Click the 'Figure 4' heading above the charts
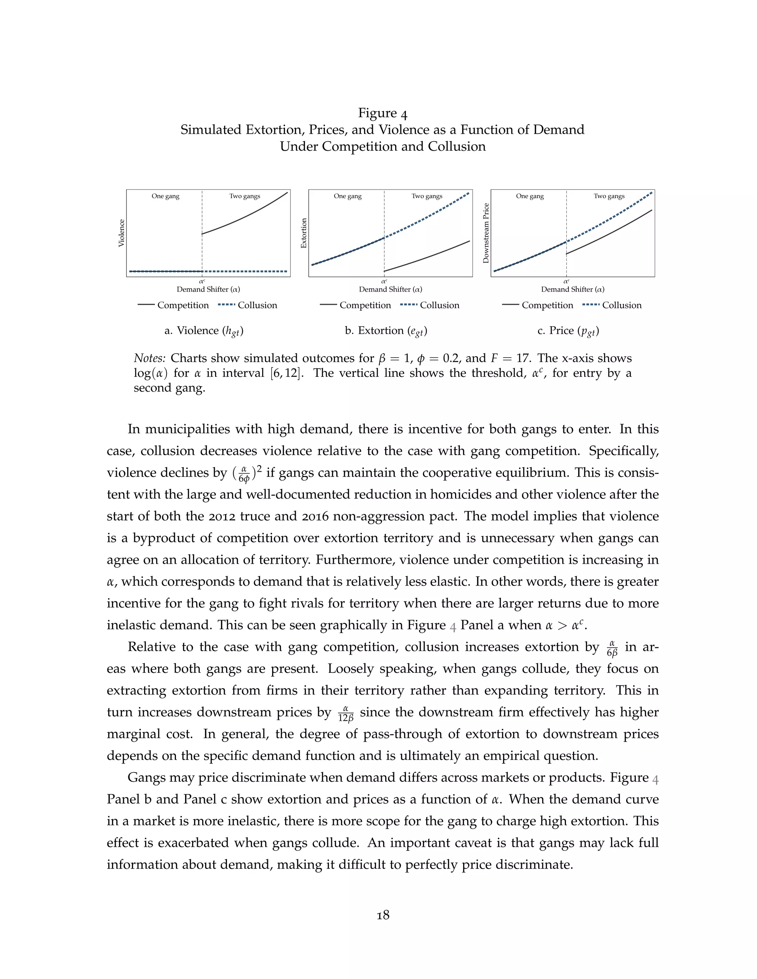[383, 113]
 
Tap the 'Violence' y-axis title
[121, 233]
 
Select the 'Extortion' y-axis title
[303, 233]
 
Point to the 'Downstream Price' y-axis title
[486, 233]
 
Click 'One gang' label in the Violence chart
[166, 196]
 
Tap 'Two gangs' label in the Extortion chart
[427, 196]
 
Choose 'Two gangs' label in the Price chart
[609, 196]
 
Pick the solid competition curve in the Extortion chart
[426, 257]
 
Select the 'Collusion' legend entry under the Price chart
[622, 305]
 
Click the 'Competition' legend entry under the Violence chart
[183, 305]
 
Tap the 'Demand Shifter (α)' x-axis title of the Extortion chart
[391, 289]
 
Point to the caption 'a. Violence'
[204, 331]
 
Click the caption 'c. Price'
[568, 331]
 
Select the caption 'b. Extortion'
[386, 331]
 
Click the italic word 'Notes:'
[150, 358]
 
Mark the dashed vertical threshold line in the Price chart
[566, 224]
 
